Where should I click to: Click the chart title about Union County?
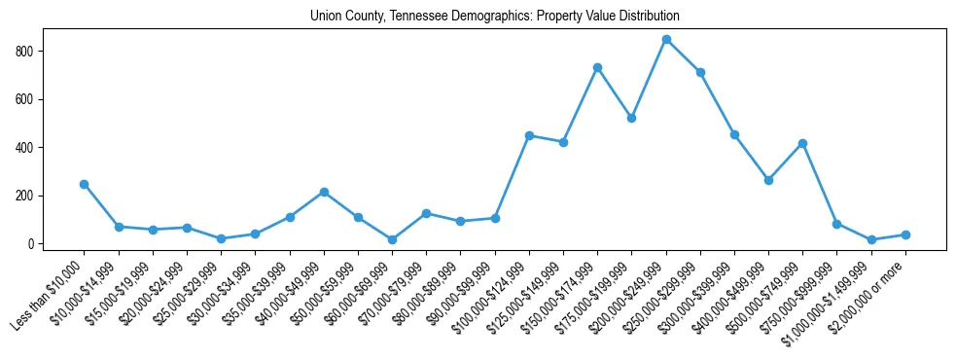coord(494,16)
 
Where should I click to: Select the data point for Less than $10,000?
coord(85,184)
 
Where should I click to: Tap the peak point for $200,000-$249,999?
coord(665,39)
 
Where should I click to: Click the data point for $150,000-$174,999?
coord(597,67)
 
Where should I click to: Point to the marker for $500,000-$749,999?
coord(802,143)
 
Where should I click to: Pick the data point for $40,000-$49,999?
coord(324,192)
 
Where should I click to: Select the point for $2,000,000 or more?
coord(905,234)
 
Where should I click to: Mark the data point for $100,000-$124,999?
coord(529,135)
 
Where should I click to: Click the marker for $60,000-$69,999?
coord(392,239)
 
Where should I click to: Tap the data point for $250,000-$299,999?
coord(700,72)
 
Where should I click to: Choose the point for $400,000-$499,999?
coord(768,180)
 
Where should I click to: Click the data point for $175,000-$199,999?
coord(631,118)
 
